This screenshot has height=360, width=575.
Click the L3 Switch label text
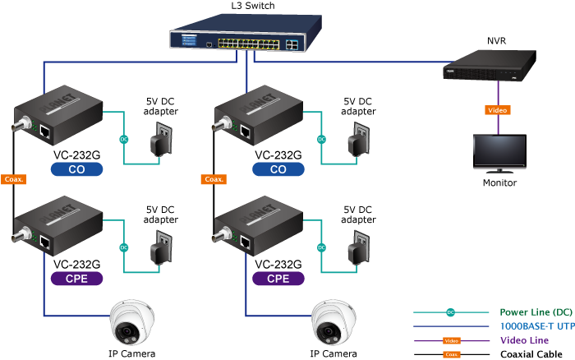pyautogui.click(x=253, y=6)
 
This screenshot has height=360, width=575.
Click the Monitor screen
pyautogui.click(x=499, y=150)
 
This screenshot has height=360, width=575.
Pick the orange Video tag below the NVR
pyautogui.click(x=498, y=109)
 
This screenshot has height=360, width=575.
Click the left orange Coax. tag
pyautogui.click(x=15, y=178)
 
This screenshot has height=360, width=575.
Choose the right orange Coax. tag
pyautogui.click(x=215, y=178)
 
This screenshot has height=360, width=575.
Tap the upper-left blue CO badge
pyautogui.click(x=76, y=169)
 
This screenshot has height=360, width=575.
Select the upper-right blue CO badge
pyautogui.click(x=278, y=169)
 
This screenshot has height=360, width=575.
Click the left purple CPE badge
pyautogui.click(x=76, y=279)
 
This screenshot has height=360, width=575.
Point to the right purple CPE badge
pyautogui.click(x=278, y=279)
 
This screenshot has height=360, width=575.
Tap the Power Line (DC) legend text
pyautogui.click(x=536, y=312)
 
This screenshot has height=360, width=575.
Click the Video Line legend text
pyautogui.click(x=524, y=340)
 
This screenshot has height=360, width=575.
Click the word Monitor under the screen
pyautogui.click(x=499, y=182)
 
